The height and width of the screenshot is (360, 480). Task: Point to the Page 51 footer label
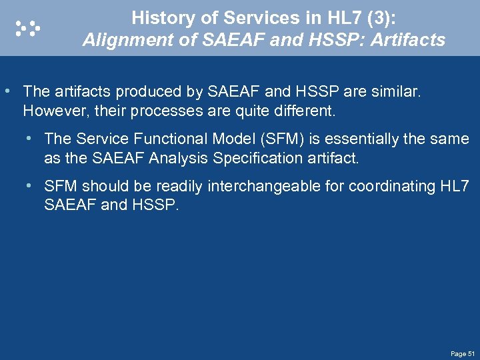point(462,353)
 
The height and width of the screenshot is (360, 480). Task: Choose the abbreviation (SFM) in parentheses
point(277,139)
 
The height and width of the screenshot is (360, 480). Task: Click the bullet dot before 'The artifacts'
point(7,91)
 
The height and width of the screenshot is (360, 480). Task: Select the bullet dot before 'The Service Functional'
point(29,139)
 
